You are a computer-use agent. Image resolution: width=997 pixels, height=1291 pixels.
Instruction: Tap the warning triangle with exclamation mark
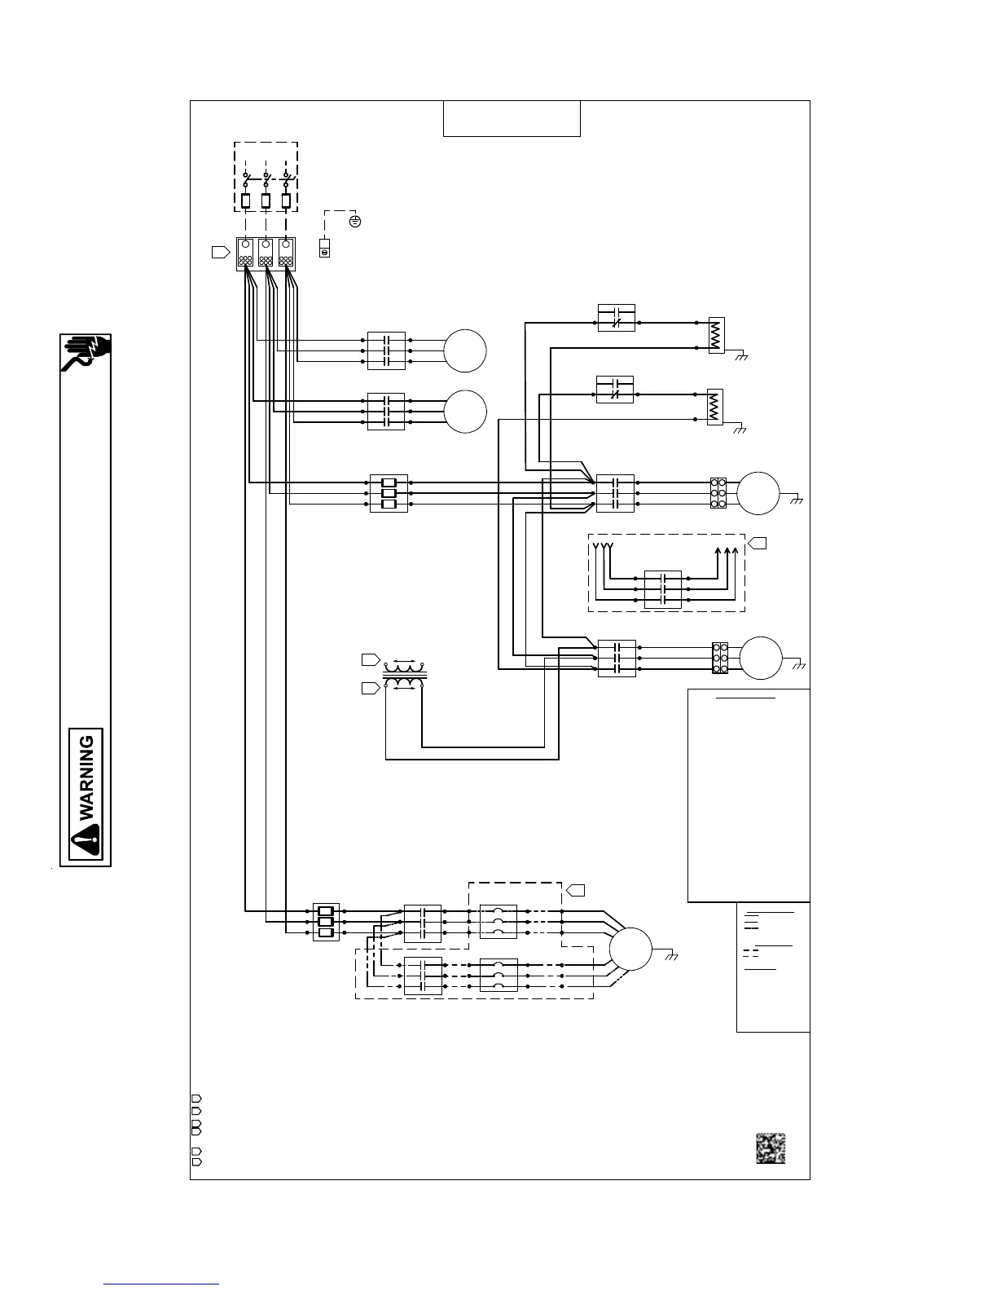(86, 839)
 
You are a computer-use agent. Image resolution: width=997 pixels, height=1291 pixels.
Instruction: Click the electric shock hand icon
(86, 353)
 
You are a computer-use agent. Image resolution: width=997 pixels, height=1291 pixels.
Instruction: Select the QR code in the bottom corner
(770, 1148)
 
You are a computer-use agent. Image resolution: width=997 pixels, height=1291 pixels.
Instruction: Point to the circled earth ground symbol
(355, 221)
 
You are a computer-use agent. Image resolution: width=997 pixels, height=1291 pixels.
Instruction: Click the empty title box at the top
(512, 119)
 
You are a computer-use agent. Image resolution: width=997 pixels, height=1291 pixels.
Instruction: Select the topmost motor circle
(465, 351)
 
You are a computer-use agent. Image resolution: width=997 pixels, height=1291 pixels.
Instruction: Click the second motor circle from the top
(465, 411)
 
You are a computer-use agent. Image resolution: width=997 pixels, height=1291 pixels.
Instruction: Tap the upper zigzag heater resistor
(716, 335)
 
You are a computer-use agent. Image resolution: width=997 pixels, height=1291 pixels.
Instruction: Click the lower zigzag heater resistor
(715, 406)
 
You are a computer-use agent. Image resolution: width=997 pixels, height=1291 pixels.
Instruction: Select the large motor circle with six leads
(630, 950)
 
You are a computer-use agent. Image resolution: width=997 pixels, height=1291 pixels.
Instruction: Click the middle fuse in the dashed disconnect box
(266, 200)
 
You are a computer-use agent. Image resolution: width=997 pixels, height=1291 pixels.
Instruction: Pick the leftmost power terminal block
(246, 253)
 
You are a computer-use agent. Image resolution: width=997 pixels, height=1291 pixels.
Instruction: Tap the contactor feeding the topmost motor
(386, 350)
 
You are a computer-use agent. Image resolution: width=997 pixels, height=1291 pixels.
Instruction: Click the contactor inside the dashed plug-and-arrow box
(663, 588)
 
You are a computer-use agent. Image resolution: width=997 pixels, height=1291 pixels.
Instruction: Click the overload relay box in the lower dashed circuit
(498, 975)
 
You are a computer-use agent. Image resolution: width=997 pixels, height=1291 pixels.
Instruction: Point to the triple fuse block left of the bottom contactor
(326, 922)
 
